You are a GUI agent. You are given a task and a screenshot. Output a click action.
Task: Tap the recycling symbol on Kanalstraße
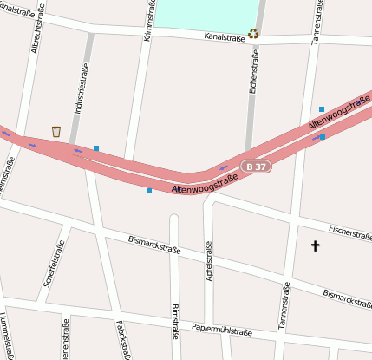tap(253, 35)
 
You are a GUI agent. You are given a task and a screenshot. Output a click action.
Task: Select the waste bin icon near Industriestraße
tap(56, 131)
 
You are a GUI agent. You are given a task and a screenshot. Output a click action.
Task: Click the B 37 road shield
tap(257, 166)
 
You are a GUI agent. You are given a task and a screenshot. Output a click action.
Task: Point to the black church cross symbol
tap(315, 247)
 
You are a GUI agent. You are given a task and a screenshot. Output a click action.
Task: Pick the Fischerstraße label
tap(349, 232)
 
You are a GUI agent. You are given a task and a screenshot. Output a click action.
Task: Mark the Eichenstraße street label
tap(253, 71)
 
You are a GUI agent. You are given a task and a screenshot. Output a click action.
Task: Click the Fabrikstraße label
tap(122, 339)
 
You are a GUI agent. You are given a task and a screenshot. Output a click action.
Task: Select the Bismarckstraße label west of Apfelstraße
tap(154, 244)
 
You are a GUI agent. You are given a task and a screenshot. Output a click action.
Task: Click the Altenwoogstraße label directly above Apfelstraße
tap(205, 183)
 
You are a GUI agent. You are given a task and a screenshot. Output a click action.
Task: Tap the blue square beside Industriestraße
tap(96, 148)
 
